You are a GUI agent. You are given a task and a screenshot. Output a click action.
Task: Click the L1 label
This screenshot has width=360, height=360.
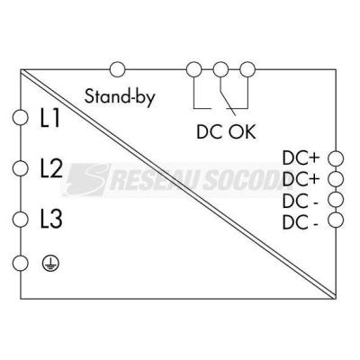49,118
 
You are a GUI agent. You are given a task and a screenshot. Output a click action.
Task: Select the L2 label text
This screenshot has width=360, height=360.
51,168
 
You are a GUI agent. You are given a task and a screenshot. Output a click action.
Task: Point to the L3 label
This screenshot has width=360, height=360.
51,219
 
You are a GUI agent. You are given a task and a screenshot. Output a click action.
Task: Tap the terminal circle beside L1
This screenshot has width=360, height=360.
21,117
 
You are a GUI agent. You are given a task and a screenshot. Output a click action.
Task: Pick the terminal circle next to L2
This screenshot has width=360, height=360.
21,168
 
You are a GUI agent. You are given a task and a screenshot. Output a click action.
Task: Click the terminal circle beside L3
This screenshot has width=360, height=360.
21,220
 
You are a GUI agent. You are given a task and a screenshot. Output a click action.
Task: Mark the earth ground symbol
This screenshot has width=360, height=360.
50,263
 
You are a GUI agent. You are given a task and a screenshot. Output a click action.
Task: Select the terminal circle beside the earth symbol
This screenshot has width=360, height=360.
21,263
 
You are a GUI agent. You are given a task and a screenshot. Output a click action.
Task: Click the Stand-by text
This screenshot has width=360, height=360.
120,97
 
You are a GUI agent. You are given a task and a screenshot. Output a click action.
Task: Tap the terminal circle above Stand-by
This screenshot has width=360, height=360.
117,69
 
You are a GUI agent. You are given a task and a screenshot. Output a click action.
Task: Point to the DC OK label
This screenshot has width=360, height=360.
226,131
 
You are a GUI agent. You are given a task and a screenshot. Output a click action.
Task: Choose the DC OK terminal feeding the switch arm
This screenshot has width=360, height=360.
220,69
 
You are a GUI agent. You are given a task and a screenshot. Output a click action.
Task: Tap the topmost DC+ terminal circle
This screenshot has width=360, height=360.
336,158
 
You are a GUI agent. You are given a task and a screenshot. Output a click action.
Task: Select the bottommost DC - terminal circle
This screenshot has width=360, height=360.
336,220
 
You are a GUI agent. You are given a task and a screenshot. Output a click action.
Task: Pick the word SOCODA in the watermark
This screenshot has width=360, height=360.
247,180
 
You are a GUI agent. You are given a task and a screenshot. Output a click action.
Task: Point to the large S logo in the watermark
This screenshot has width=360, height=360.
87,179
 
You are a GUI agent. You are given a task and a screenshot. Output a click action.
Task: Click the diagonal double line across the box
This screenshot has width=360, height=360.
178,184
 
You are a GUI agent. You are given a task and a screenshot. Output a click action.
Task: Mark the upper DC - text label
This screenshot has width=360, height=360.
301,202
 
